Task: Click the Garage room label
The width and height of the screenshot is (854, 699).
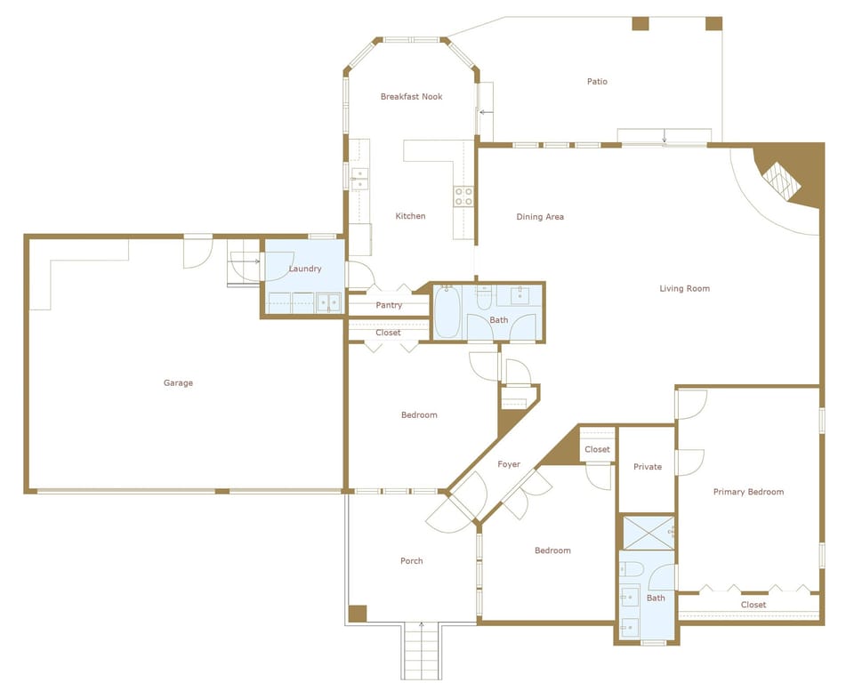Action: (x=178, y=383)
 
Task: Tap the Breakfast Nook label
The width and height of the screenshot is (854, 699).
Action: (x=411, y=97)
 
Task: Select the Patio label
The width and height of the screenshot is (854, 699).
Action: (x=597, y=82)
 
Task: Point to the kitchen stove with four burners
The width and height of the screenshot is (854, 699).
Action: (x=463, y=197)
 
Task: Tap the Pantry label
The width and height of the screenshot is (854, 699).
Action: (x=389, y=305)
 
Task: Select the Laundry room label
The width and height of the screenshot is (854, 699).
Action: (x=305, y=269)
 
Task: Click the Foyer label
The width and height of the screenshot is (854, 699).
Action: (x=509, y=464)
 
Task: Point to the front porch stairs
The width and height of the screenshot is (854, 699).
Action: (x=423, y=652)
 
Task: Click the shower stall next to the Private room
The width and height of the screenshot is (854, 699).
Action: (x=647, y=532)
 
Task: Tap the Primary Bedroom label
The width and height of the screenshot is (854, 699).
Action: (x=748, y=492)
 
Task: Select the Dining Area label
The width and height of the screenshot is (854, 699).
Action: (x=540, y=217)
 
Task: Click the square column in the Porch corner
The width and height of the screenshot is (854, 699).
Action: (x=357, y=614)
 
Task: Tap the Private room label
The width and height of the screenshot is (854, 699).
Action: (x=648, y=467)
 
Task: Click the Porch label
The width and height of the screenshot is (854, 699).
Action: (x=411, y=561)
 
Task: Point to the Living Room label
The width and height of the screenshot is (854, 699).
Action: (x=684, y=288)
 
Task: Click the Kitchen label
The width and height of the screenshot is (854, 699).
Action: (x=410, y=216)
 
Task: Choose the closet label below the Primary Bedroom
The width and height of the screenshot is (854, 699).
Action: (x=753, y=605)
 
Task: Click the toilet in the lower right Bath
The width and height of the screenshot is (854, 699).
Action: (x=632, y=569)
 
